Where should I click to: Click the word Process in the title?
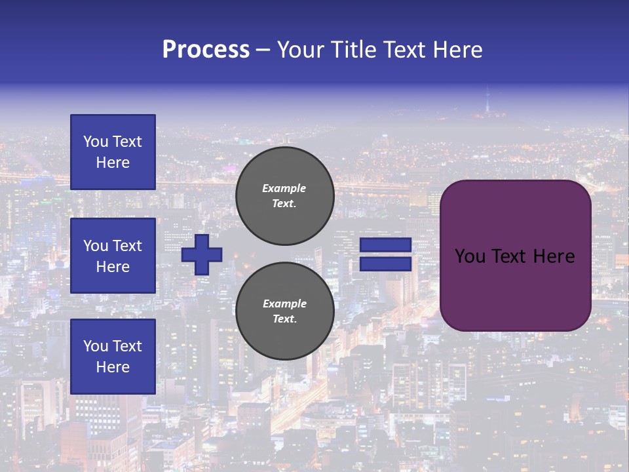(206, 50)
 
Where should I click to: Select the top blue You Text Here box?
(113, 152)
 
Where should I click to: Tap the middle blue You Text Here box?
(113, 256)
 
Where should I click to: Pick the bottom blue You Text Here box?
(113, 357)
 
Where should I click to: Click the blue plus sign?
(202, 254)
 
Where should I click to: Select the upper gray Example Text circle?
(285, 195)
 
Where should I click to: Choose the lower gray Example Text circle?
(285, 311)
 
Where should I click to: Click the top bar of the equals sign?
(386, 245)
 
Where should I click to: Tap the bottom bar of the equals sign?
(386, 264)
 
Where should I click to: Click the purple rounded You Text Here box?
(516, 256)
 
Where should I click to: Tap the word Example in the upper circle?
(284, 188)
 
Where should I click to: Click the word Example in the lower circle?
(284, 304)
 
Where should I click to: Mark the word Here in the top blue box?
(113, 163)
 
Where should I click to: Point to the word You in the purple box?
(470, 256)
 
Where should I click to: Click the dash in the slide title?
(263, 50)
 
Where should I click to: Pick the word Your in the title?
(301, 50)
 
